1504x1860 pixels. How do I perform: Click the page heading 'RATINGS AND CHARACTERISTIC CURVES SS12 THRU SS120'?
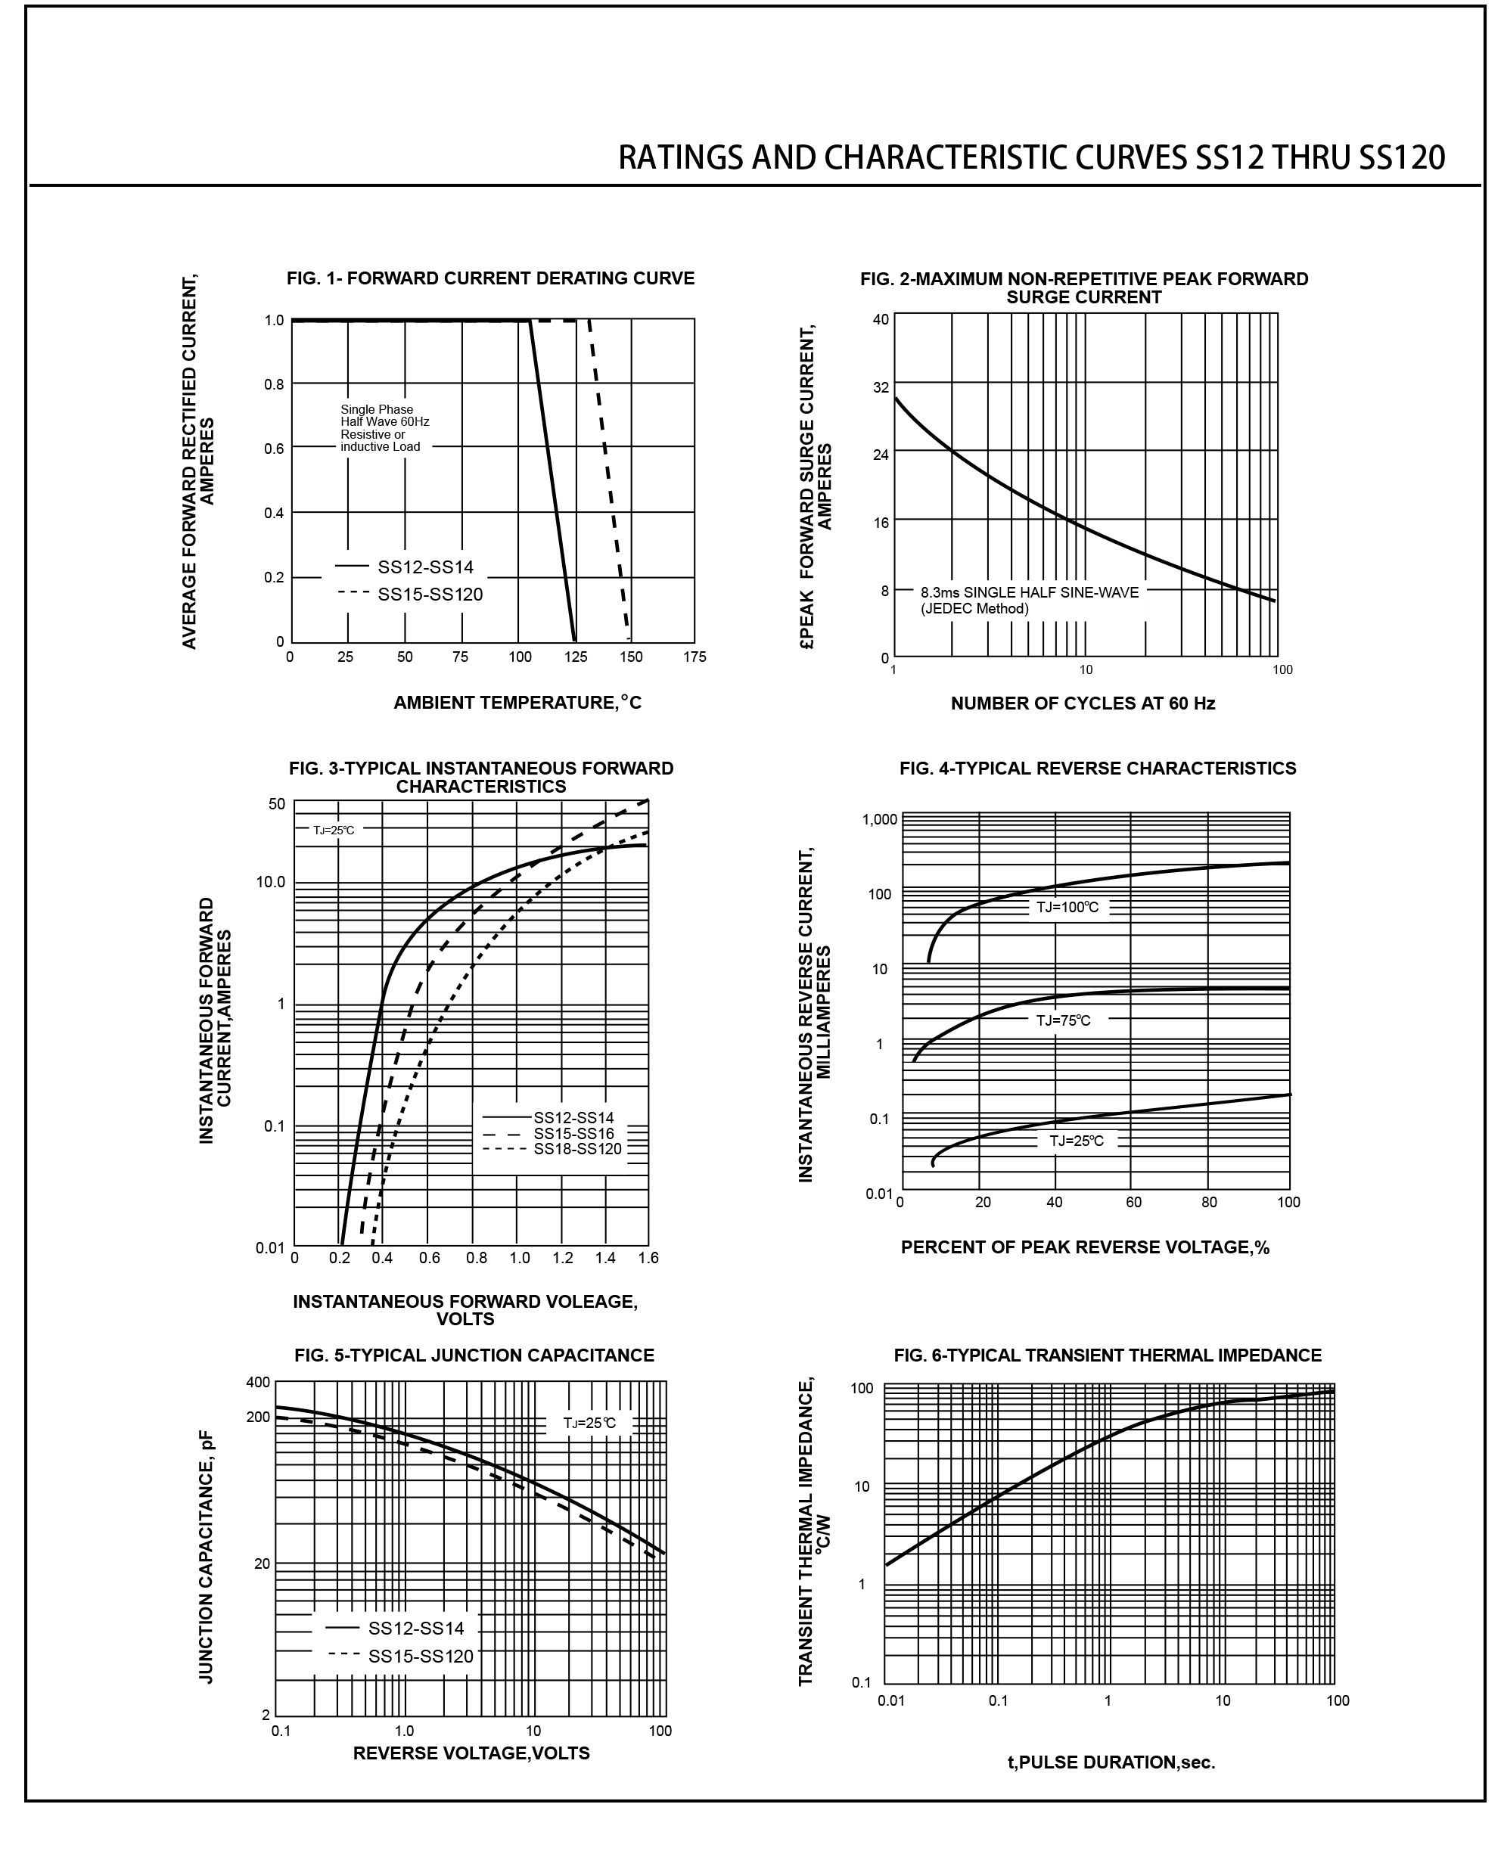pyautogui.click(x=1031, y=157)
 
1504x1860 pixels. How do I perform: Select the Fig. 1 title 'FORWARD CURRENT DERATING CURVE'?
pyautogui.click(x=490, y=278)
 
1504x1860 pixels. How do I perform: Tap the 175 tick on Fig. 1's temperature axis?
pyautogui.click(x=694, y=657)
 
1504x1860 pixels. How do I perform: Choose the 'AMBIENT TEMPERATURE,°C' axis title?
pyautogui.click(x=517, y=703)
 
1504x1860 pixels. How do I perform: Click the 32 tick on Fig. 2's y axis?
pyautogui.click(x=880, y=387)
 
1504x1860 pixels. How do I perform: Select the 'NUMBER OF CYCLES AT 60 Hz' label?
pyautogui.click(x=1082, y=703)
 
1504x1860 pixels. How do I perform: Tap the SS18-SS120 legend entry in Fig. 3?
pyautogui.click(x=577, y=1149)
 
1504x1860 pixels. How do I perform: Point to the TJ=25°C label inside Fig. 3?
pyautogui.click(x=334, y=830)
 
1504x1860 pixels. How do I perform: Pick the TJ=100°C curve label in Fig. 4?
pyautogui.click(x=1067, y=907)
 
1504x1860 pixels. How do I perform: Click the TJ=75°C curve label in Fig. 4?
pyautogui.click(x=1063, y=1020)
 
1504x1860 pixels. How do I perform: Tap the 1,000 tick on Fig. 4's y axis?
pyautogui.click(x=879, y=819)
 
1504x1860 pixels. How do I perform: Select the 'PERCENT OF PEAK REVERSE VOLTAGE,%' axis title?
pyautogui.click(x=1085, y=1247)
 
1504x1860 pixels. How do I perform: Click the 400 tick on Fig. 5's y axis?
pyautogui.click(x=258, y=1382)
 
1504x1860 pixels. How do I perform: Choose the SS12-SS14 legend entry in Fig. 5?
pyautogui.click(x=416, y=1628)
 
